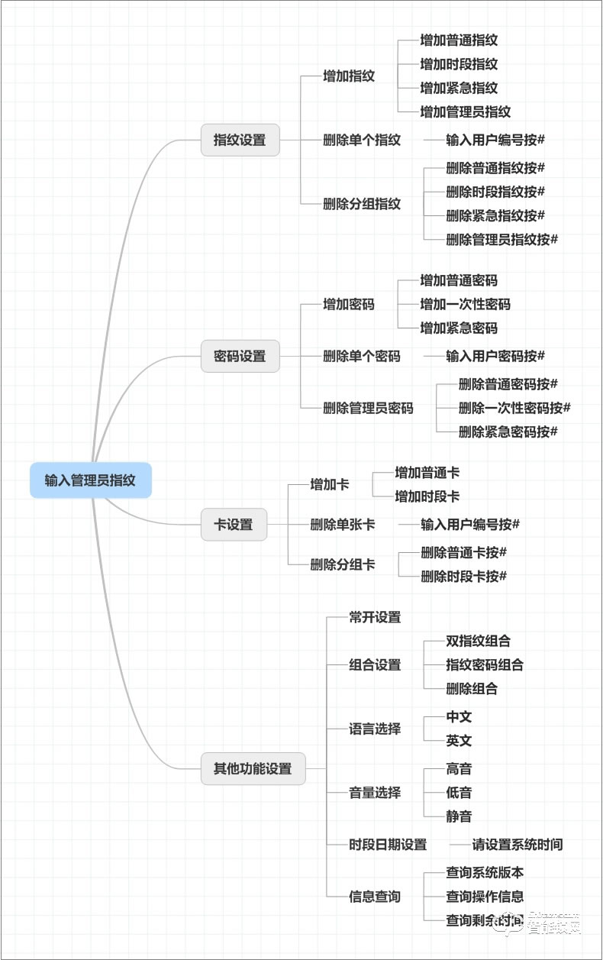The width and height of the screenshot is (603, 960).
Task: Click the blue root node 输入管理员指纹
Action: [x=90, y=480]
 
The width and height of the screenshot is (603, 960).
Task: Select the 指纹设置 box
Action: [x=240, y=140]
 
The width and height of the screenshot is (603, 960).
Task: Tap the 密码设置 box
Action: [x=240, y=356]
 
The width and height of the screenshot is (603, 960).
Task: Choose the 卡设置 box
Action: [x=234, y=525]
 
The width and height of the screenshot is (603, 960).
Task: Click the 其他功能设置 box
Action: [x=253, y=768]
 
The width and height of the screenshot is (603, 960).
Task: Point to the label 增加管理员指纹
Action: [x=465, y=112]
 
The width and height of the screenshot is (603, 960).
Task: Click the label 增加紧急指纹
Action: [x=458, y=88]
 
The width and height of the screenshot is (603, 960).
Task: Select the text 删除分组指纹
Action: [x=362, y=204]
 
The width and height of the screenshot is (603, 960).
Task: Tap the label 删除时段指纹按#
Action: [x=495, y=192]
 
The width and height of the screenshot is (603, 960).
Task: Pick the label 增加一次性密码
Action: [x=465, y=304]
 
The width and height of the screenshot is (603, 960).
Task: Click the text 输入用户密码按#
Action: [x=495, y=356]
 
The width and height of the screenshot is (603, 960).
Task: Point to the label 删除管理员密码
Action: [x=368, y=408]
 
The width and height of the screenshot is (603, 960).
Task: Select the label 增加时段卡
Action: [x=427, y=496]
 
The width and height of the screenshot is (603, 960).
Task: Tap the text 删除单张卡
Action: [x=342, y=525]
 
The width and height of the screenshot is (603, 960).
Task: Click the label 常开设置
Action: [x=375, y=617]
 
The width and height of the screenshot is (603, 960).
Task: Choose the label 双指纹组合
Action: [x=478, y=641]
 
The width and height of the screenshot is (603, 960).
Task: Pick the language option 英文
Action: [x=459, y=740]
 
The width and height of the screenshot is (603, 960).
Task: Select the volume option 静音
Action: [x=459, y=816]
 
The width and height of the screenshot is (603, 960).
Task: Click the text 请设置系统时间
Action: [x=517, y=845]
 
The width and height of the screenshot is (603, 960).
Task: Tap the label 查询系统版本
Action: [x=485, y=872]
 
